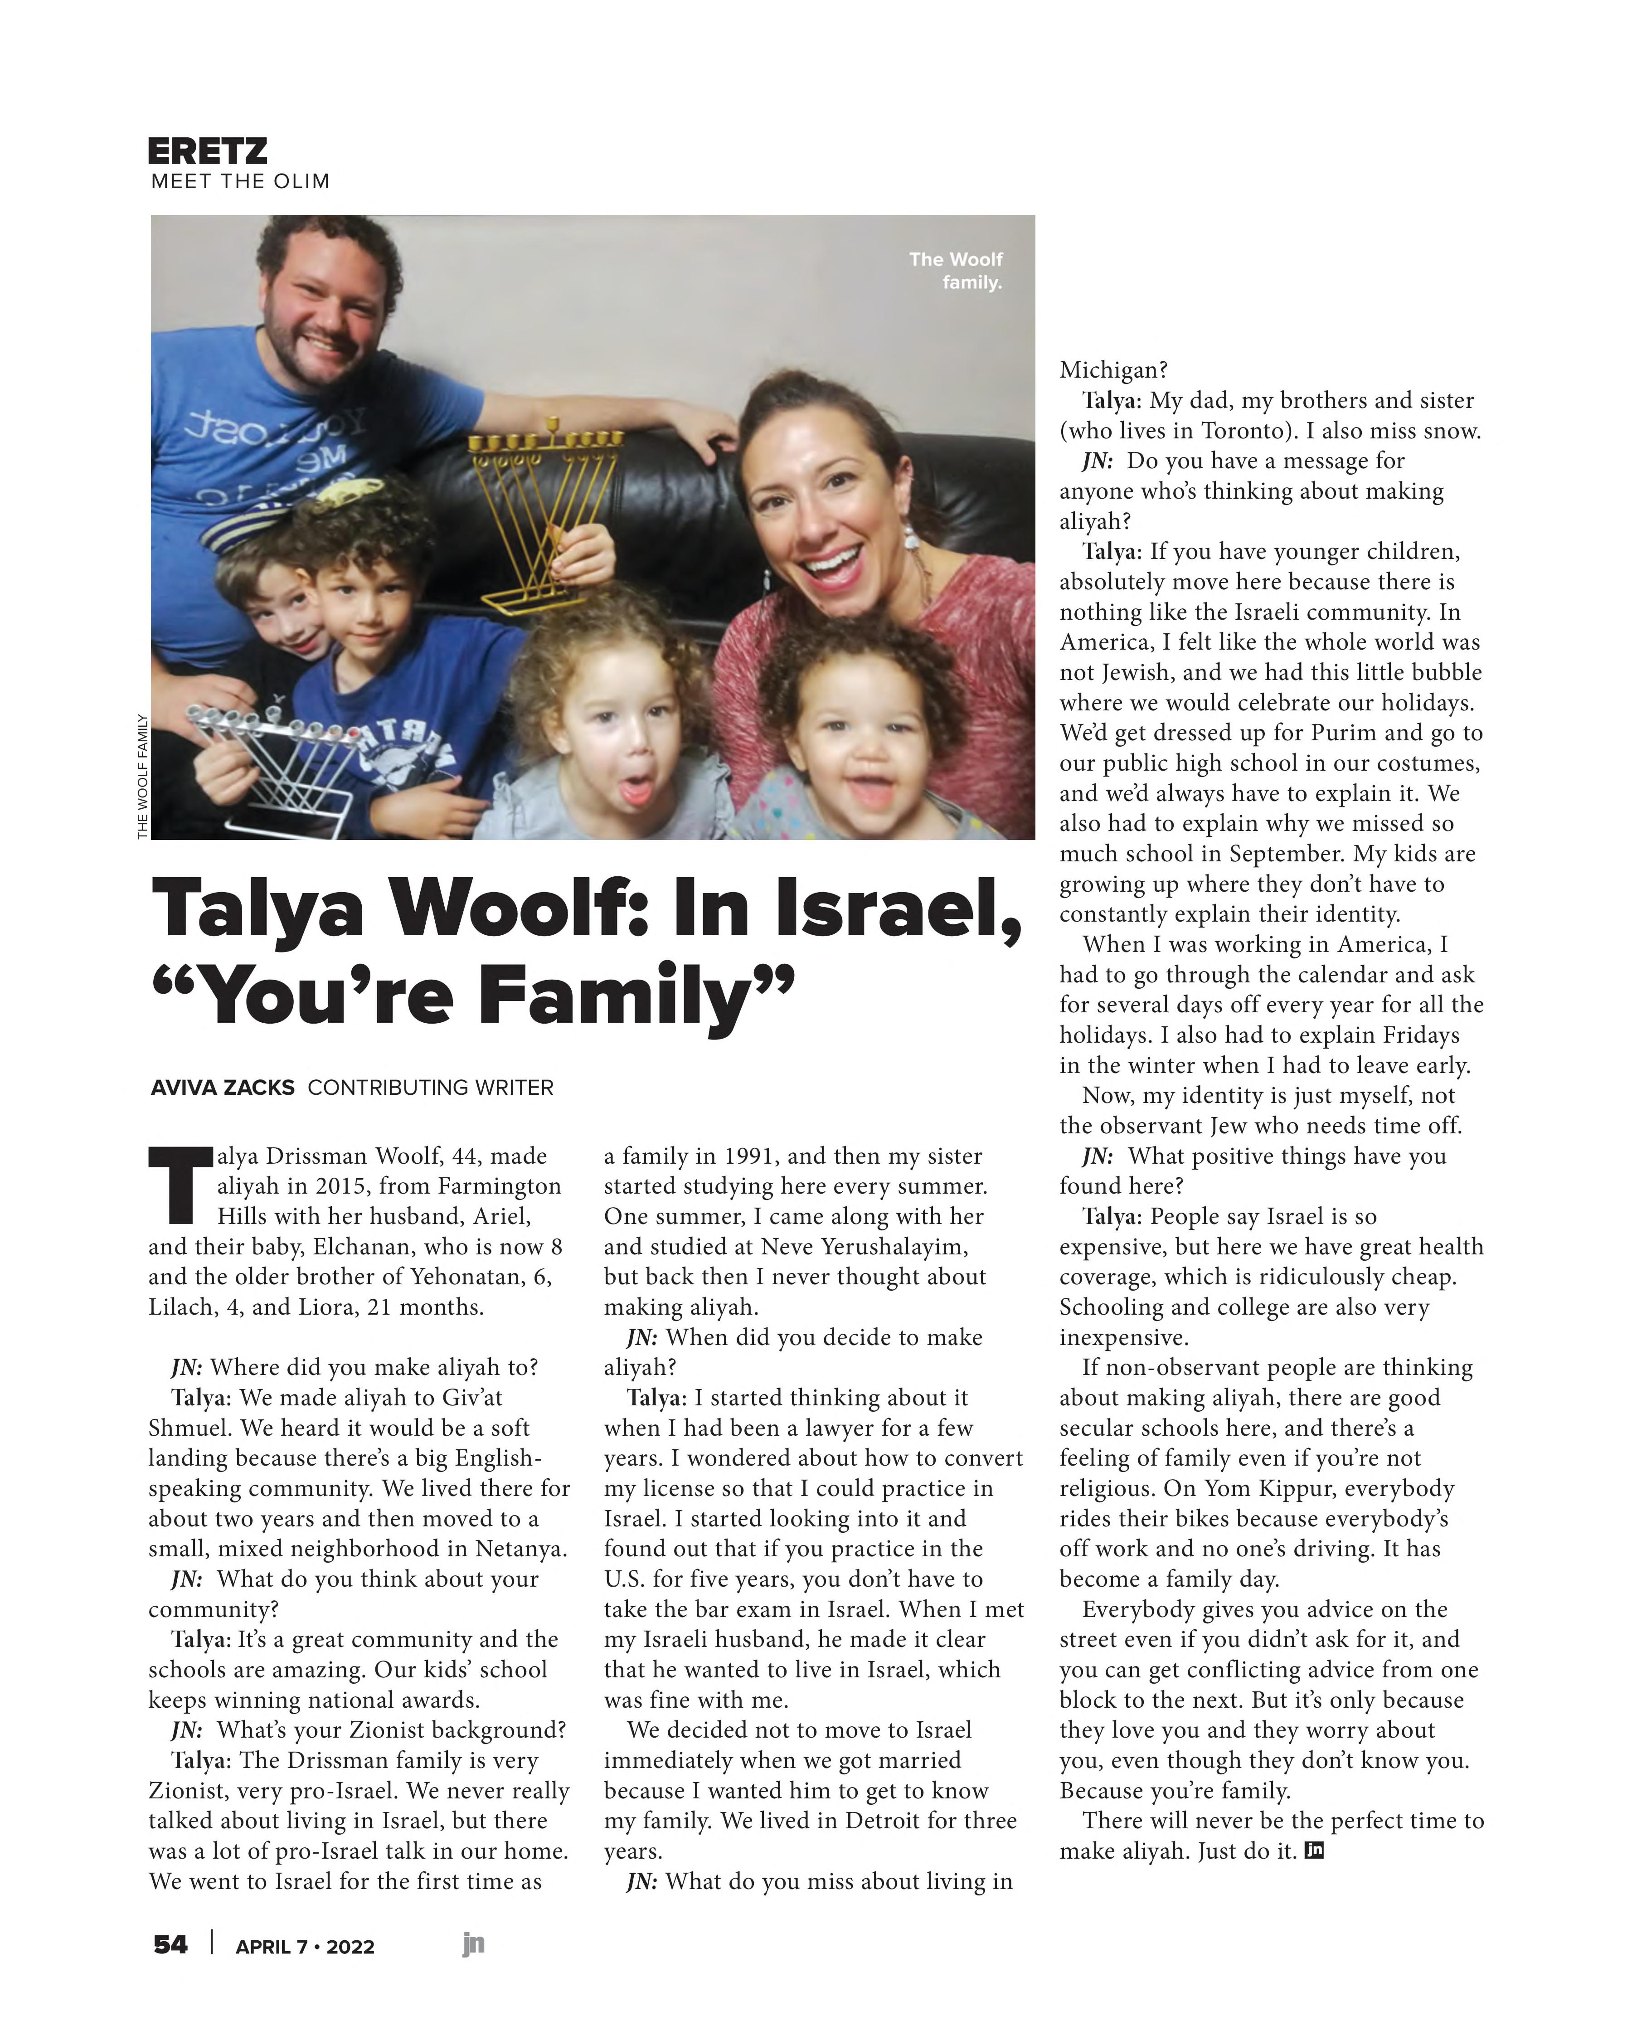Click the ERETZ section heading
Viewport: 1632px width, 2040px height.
207,151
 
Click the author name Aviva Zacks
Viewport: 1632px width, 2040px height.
222,1087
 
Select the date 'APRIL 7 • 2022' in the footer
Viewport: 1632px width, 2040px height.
305,1946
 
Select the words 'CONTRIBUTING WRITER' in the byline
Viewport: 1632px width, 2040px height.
431,1087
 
